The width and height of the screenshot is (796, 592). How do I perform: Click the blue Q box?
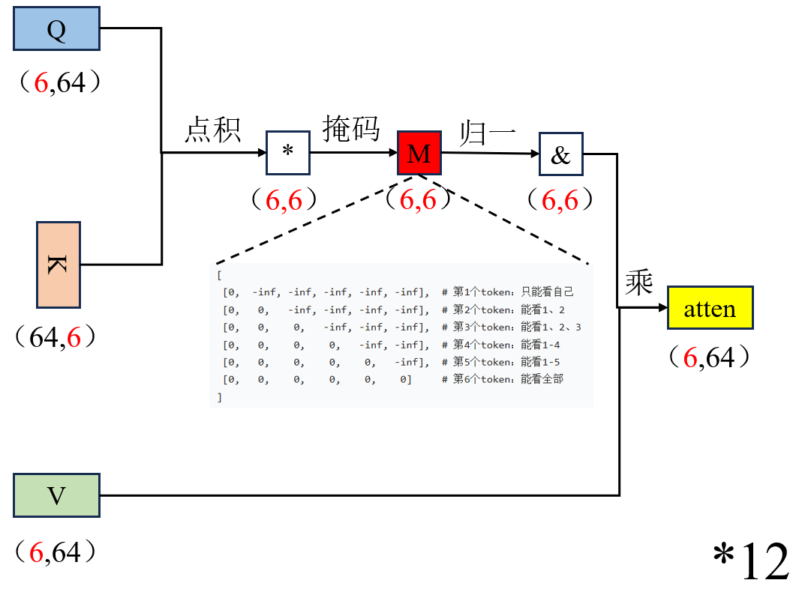pyautogui.click(x=57, y=29)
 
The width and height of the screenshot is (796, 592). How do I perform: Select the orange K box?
pyautogui.click(x=59, y=265)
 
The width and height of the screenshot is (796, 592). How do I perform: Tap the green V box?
pyautogui.click(x=56, y=495)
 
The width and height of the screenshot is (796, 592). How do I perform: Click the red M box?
pyautogui.click(x=419, y=154)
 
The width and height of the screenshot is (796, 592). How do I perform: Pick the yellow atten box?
pyautogui.click(x=710, y=307)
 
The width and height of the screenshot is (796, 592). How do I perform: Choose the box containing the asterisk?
pyautogui.click(x=287, y=153)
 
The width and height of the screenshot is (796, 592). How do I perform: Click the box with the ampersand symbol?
pyautogui.click(x=560, y=154)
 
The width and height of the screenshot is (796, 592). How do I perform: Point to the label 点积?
pyautogui.click(x=213, y=130)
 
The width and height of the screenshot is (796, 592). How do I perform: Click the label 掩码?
pyautogui.click(x=350, y=129)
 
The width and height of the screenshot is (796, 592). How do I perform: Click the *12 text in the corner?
pyautogui.click(x=750, y=561)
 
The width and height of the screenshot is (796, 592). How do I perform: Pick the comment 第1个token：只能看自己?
pyautogui.click(x=513, y=292)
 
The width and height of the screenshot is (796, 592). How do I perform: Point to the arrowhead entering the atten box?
pyautogui.click(x=662, y=308)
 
